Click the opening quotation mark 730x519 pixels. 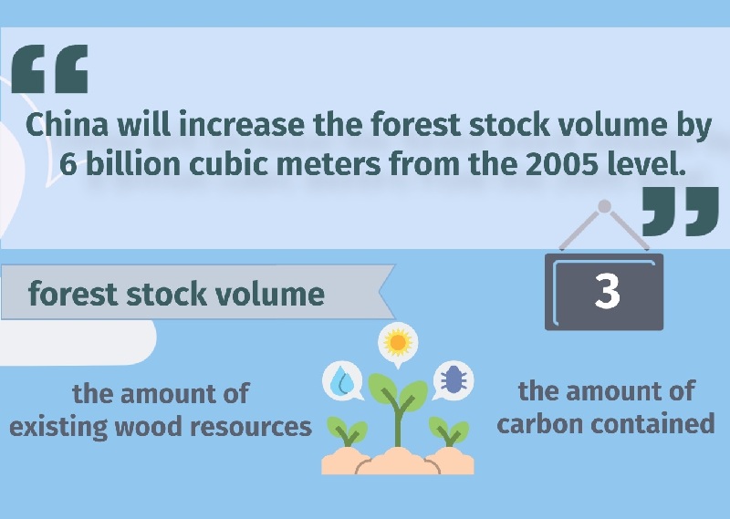point(50,69)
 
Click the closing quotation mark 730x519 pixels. point(680,212)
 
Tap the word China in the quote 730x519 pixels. point(67,125)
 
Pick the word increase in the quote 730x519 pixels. point(242,125)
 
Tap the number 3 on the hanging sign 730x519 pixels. point(607,291)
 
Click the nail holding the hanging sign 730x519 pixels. point(604,206)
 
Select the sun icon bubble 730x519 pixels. point(398,343)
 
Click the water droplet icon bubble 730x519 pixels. point(343,380)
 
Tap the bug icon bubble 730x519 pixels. point(453,380)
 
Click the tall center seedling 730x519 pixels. point(398,410)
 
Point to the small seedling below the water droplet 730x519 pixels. point(348,431)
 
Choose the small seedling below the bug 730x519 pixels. point(449,431)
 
